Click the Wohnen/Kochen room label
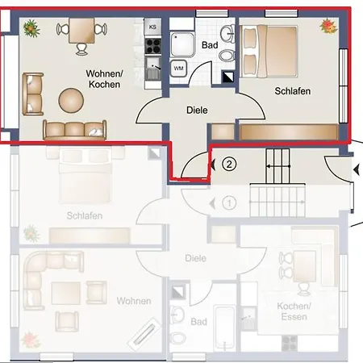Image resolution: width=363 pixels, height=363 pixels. click(x=104, y=78)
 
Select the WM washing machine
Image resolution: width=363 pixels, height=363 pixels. click(x=179, y=68)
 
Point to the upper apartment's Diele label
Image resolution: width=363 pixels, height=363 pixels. click(x=197, y=109)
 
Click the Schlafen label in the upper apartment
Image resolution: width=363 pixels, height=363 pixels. click(x=292, y=91)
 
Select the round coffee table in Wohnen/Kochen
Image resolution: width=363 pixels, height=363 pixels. click(x=70, y=99)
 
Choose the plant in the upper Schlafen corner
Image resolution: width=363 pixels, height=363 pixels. click(x=328, y=27)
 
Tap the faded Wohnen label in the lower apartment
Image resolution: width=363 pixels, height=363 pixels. click(x=134, y=301)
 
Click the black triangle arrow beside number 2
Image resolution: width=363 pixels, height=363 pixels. click(x=212, y=165)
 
